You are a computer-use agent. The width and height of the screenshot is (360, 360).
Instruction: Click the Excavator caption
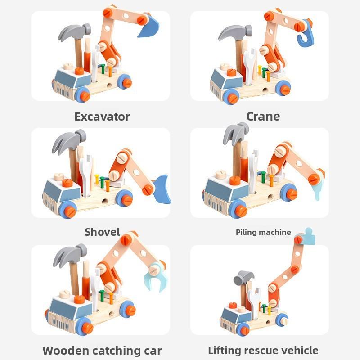[x=102, y=117]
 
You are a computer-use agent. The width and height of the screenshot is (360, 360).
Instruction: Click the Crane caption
[x=263, y=117]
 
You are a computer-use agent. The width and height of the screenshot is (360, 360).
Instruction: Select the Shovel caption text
[x=102, y=232]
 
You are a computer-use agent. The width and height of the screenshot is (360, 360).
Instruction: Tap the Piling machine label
[x=263, y=232]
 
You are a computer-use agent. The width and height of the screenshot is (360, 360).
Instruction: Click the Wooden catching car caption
[x=102, y=350]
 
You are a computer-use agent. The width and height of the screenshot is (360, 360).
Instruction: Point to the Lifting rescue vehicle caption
[x=263, y=350]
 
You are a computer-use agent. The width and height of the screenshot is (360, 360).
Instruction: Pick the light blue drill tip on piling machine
[x=316, y=191]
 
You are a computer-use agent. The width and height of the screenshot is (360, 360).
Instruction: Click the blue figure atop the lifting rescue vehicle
[x=308, y=236]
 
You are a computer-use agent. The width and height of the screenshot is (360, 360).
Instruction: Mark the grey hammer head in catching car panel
[x=70, y=254]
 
